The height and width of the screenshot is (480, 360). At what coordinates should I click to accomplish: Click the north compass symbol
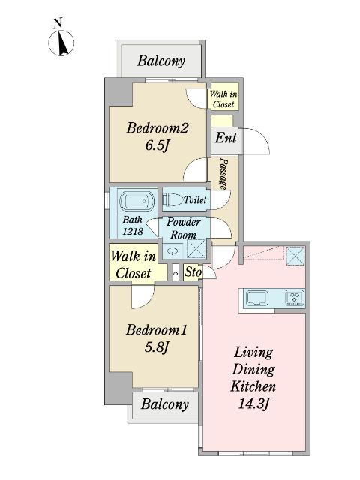61,43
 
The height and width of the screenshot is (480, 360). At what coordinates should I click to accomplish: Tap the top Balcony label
160,61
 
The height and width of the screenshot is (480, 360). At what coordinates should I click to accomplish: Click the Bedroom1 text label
156,329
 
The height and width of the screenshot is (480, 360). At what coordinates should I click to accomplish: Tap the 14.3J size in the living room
253,405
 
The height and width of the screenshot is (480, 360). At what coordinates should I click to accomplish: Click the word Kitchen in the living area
253,387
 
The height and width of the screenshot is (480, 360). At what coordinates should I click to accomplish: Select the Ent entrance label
226,138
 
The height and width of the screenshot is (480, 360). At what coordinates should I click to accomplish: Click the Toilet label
195,200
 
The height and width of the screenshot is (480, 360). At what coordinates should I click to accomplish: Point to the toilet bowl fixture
172,200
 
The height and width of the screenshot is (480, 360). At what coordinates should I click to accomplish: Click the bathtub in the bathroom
136,201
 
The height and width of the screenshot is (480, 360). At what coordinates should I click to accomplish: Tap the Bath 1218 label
133,226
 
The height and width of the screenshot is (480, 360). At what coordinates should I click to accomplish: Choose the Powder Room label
183,229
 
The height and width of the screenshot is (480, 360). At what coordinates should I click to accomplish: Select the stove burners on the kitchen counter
294,298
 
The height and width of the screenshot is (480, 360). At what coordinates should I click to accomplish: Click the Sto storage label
193,271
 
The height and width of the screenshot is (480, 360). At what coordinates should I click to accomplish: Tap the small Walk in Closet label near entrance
223,99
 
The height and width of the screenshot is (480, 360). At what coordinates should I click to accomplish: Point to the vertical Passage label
223,173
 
